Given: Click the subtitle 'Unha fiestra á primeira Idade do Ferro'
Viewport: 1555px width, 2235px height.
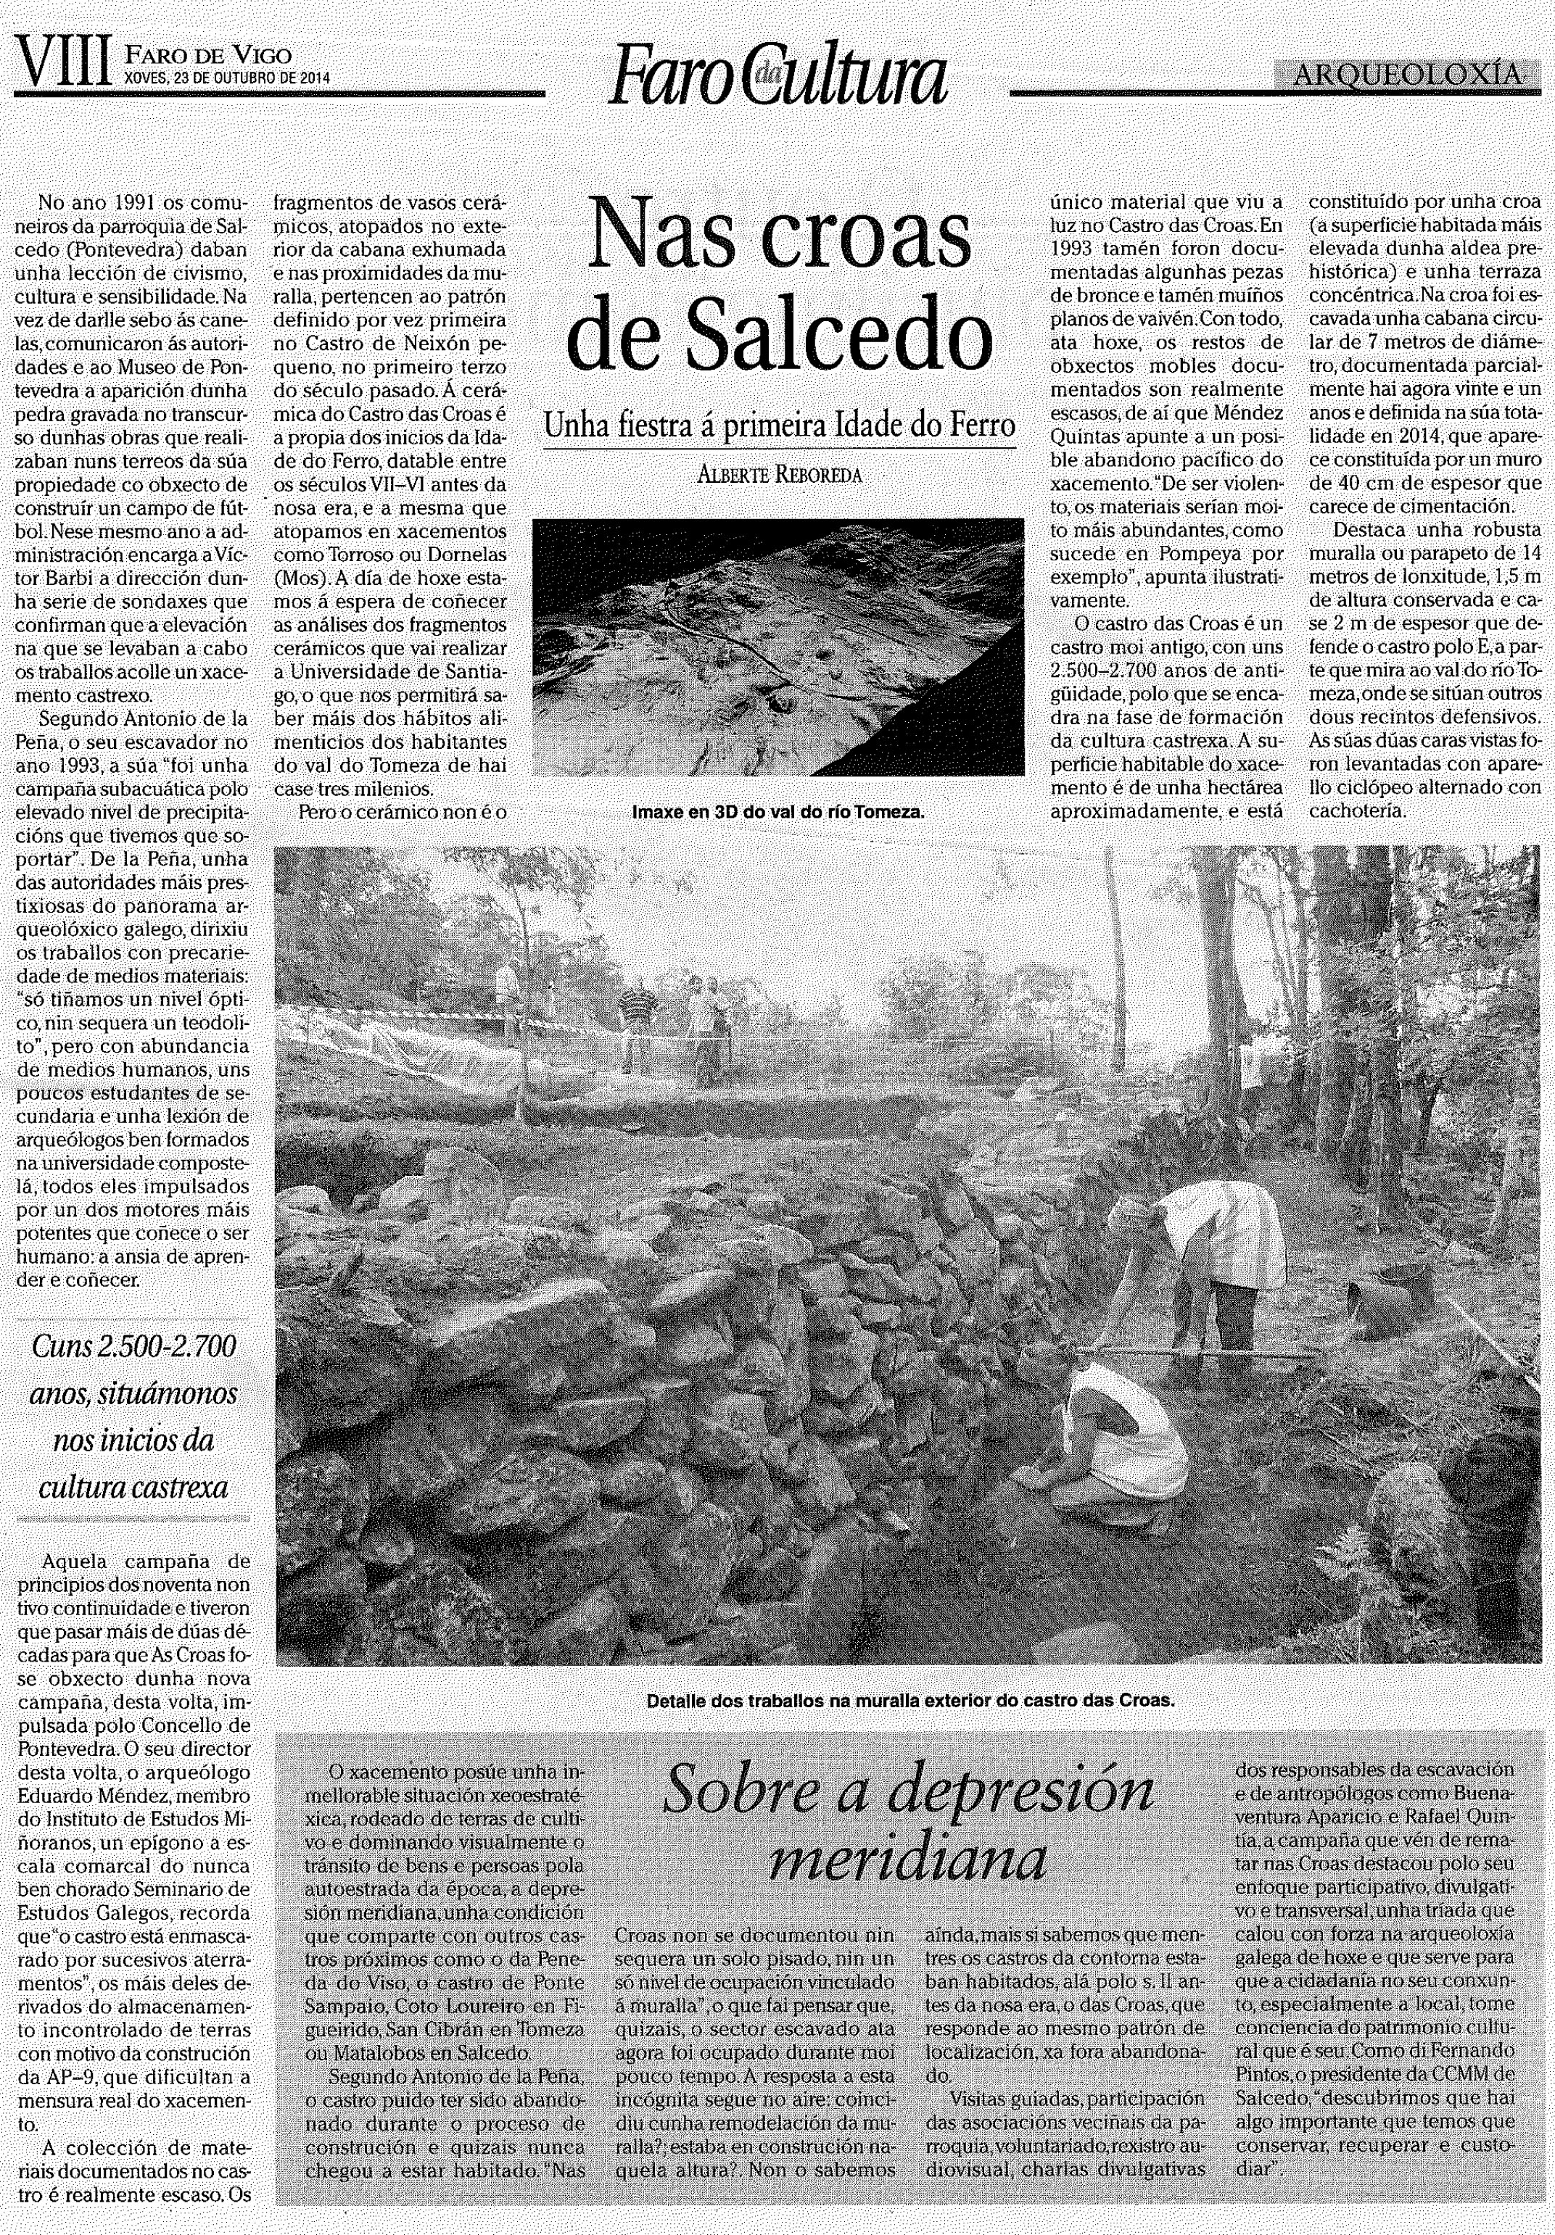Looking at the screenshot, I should (x=778, y=426).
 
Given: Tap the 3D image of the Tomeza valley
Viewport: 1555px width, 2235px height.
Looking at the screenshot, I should (x=777, y=647).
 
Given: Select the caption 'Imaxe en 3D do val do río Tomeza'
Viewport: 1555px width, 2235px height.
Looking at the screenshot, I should (x=777, y=809).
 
